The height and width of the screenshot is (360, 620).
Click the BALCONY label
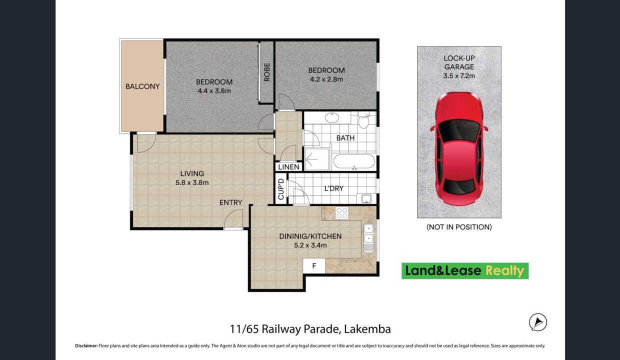pos(142,86)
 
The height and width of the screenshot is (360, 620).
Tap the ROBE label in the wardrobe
pos(267,72)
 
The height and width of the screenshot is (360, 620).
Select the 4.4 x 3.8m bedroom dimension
pos(214,91)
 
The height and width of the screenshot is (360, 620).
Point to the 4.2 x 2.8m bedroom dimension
pos(326,79)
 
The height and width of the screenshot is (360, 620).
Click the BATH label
pos(345,138)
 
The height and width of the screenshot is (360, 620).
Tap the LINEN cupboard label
pos(288,167)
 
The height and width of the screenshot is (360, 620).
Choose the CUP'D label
pos(281,189)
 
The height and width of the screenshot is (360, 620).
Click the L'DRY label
pos(334,188)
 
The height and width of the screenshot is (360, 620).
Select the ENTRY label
pos(230,202)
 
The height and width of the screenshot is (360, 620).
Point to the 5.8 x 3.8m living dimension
pos(192,182)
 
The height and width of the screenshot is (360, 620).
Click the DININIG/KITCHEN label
pos(310,236)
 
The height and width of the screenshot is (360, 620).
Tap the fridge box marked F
pos(314,266)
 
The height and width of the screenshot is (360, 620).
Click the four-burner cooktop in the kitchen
pos(342,213)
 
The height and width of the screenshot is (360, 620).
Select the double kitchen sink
pos(368,237)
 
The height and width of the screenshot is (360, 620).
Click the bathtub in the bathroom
pos(354,161)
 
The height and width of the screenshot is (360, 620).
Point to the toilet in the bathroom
pos(363,120)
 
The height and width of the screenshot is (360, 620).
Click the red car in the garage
pos(459,149)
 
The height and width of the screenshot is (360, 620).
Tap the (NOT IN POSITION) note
pos(459,227)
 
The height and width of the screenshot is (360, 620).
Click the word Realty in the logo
pos(505,270)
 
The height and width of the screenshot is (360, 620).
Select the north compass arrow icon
pos(538,322)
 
